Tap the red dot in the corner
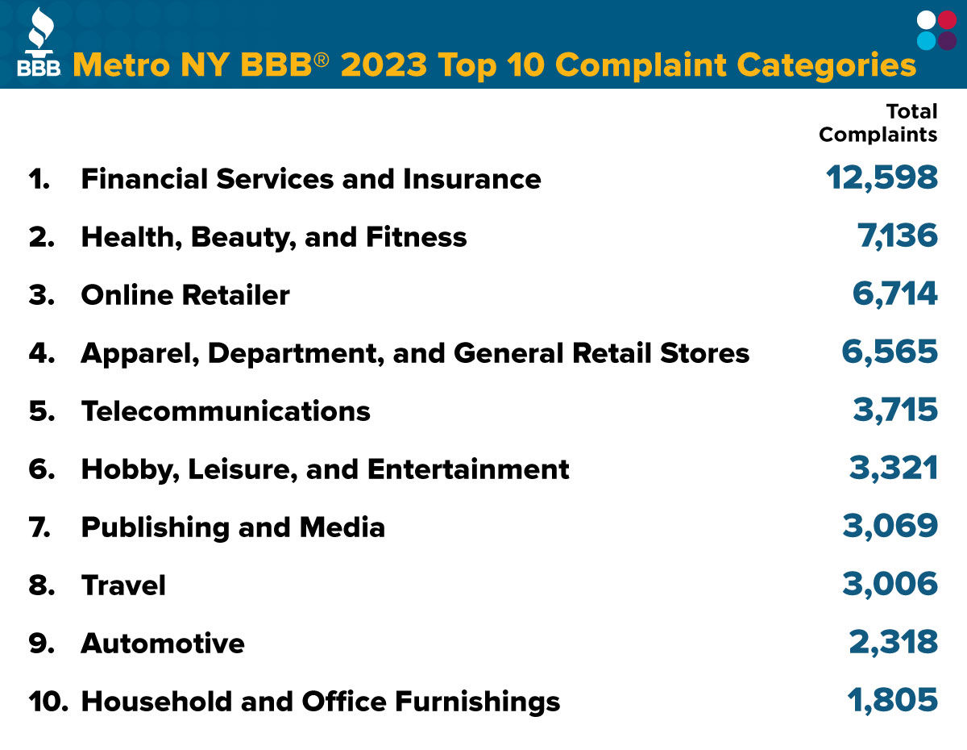948,20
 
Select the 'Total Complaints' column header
878,123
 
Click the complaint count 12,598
882,178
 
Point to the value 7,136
897,236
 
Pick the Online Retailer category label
185,295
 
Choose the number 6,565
890,352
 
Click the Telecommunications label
226,411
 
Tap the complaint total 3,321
894,469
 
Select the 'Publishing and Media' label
233,527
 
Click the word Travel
123,585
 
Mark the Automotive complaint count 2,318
893,643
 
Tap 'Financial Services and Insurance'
310,179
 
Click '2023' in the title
383,65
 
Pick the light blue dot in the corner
927,40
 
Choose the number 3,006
890,585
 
